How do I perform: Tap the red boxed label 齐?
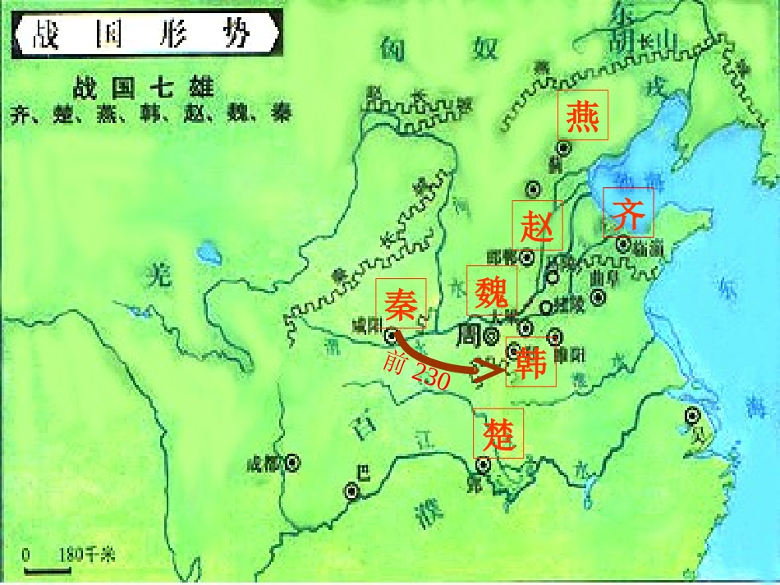point(629,213)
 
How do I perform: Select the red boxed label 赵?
point(538,225)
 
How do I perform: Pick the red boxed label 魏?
point(493,290)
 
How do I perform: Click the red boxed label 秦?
point(401,303)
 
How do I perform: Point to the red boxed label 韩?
point(530,362)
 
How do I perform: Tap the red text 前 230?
point(417,372)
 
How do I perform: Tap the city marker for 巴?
point(351,491)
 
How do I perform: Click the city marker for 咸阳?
point(391,335)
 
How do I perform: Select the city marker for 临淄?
point(624,244)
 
